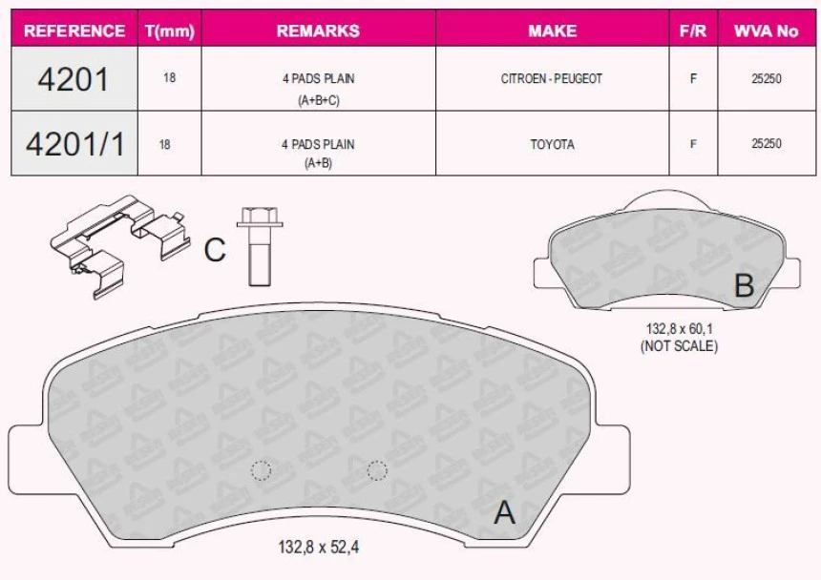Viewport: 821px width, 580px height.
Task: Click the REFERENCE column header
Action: [74, 31]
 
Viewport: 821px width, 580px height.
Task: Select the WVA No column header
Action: [767, 31]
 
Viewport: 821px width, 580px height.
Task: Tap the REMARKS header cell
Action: [318, 31]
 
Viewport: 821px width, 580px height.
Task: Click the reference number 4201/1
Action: [74, 144]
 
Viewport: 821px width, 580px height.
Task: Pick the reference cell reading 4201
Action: [74, 79]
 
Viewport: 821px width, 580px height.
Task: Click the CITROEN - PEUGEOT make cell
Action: [552, 79]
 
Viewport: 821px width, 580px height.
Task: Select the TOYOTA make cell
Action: [552, 144]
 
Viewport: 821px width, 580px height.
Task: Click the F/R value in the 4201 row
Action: [692, 79]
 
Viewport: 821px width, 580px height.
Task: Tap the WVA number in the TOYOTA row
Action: [767, 144]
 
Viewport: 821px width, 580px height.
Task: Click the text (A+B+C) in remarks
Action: [318, 99]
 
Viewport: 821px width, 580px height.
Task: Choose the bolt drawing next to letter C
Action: [258, 246]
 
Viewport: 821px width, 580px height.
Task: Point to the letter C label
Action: [215, 251]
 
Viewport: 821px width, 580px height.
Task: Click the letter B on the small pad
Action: [744, 285]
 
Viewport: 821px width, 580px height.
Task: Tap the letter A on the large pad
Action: [504, 513]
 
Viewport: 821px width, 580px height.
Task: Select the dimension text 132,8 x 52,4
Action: [319, 548]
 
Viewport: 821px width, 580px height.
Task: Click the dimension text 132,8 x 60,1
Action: [679, 328]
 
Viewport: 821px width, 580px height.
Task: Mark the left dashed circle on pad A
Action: [261, 469]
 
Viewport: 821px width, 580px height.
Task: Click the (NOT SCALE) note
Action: [679, 345]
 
